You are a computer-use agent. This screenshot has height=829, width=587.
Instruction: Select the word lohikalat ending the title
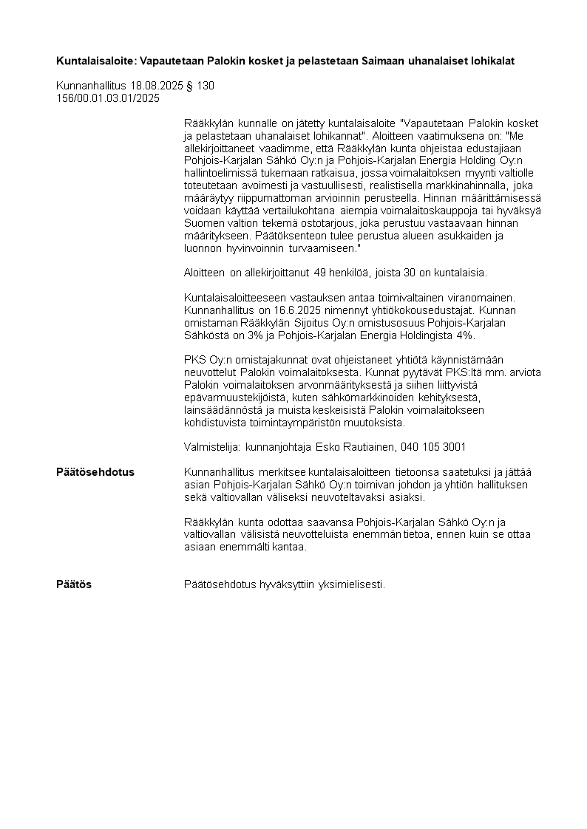pyautogui.click(x=491, y=61)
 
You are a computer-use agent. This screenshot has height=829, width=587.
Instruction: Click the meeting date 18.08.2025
pyautogui.click(x=155, y=86)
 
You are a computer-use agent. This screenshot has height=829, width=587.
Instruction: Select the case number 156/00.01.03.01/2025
pyautogui.click(x=108, y=98)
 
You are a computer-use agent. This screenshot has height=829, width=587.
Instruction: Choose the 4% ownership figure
pyautogui.click(x=464, y=335)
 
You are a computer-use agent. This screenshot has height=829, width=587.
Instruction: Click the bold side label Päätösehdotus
pyautogui.click(x=95, y=472)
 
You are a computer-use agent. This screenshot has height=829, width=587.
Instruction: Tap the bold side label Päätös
pyautogui.click(x=74, y=584)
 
